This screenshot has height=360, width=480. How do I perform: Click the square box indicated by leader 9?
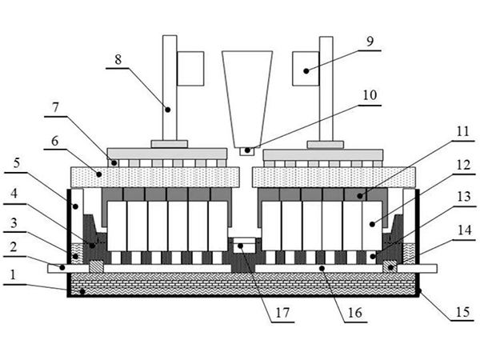click(x=306, y=68)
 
